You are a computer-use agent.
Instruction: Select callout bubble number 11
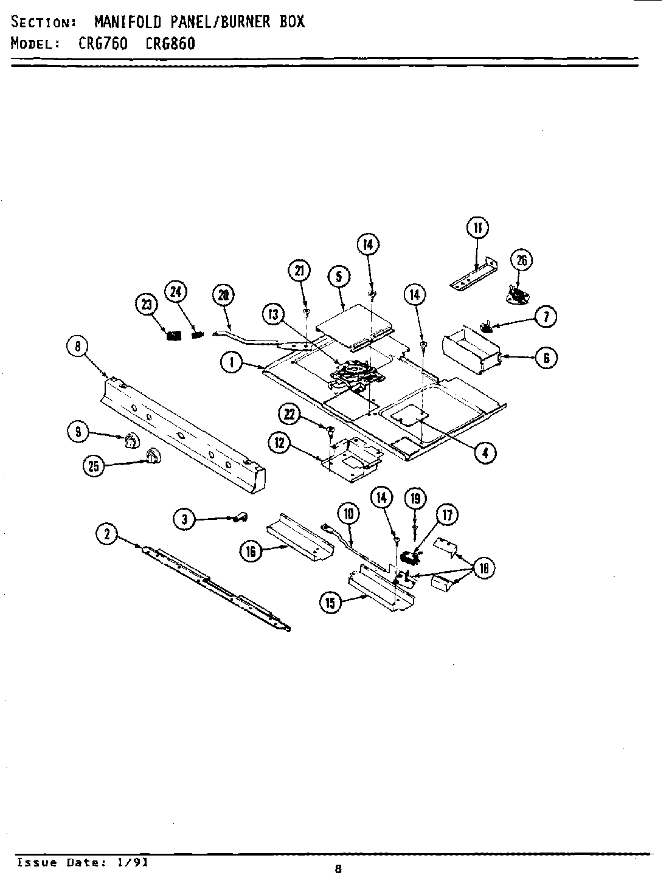click(477, 228)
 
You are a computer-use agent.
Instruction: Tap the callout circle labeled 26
click(521, 260)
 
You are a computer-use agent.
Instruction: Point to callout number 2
click(107, 534)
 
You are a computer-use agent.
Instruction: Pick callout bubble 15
click(331, 603)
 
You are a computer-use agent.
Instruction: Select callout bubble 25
click(92, 466)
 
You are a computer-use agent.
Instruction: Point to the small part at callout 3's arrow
click(238, 517)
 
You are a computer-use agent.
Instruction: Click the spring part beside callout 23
click(174, 334)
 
